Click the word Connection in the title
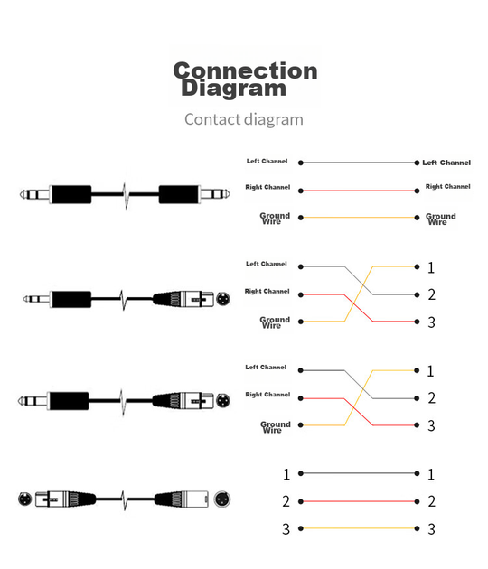[245, 70]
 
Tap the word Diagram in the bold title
[233, 89]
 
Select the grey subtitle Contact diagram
[244, 119]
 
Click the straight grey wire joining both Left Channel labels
[359, 163]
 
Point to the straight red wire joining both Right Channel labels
[359, 191]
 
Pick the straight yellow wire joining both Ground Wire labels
[359, 218]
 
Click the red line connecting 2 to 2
[359, 501]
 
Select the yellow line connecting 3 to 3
[359, 528]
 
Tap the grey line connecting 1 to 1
[359, 473]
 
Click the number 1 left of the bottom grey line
[286, 474]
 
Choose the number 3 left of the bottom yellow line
[286, 529]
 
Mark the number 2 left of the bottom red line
[286, 501]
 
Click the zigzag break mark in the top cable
[126, 195]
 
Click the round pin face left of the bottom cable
[25, 499]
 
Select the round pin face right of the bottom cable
[222, 499]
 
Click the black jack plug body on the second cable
[71, 299]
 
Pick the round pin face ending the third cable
[223, 401]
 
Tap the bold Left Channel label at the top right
[446, 163]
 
